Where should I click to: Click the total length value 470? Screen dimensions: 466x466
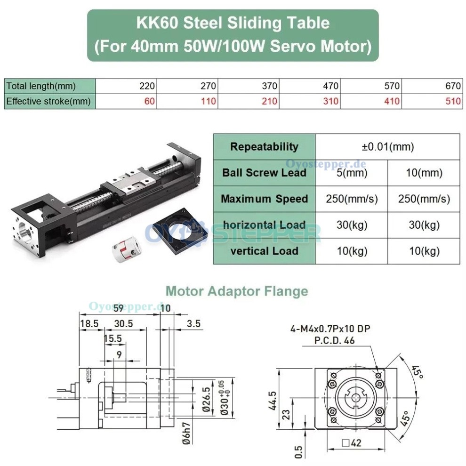pos(330,86)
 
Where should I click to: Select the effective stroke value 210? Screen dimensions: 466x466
pos(270,101)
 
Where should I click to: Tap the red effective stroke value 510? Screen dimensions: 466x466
pos(453,101)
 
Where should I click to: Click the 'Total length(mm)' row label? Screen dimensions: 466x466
pos(41,86)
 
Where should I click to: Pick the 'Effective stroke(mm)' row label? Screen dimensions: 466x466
pos(48,101)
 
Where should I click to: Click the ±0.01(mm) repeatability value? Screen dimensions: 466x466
pos(387,146)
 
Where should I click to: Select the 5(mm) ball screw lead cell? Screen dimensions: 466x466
pos(351,172)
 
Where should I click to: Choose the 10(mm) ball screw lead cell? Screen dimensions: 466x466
pos(424,172)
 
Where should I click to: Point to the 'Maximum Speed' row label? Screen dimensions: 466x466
pos(264,198)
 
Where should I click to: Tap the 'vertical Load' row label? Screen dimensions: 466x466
pos(264,250)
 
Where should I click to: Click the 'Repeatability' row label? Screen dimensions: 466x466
pos(264,146)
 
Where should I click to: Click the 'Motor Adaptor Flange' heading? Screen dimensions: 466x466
pos(237,291)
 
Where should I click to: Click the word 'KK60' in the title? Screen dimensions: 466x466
pos(158,23)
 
